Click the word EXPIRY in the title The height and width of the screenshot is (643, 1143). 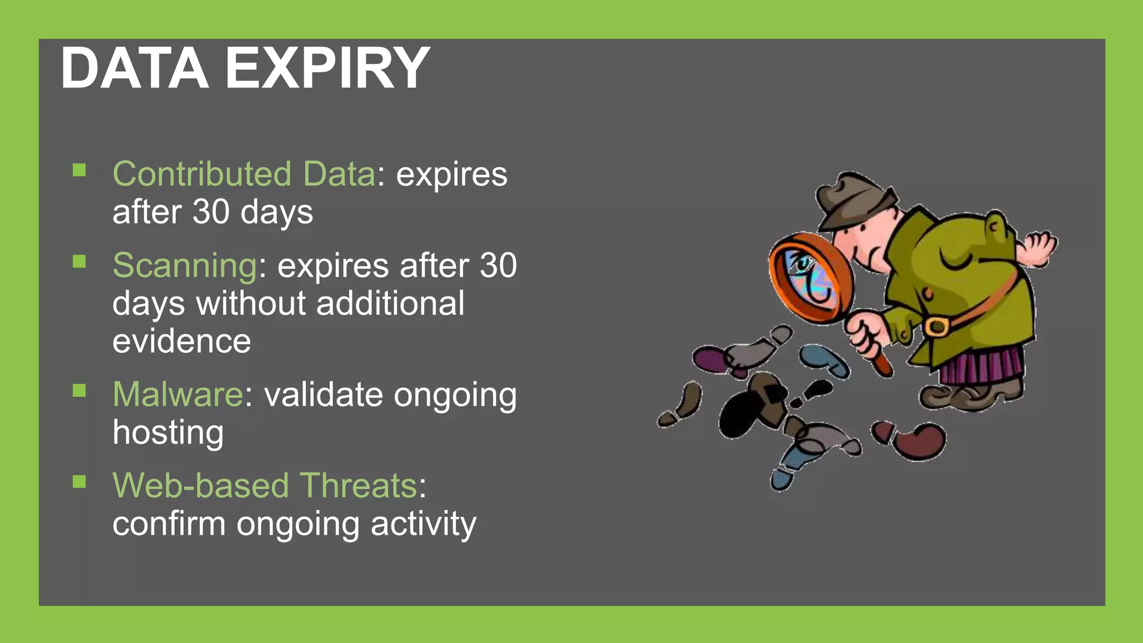(x=327, y=69)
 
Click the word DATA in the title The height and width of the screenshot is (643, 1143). (x=135, y=69)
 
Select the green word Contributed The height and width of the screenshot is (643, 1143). (x=202, y=174)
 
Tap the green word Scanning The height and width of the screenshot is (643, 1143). (x=185, y=265)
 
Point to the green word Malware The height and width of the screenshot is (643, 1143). (x=177, y=394)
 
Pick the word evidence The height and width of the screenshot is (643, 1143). (x=181, y=341)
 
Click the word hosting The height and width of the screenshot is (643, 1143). (x=168, y=433)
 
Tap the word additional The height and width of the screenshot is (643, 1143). (x=390, y=303)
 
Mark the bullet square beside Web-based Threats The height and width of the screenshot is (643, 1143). (x=79, y=481)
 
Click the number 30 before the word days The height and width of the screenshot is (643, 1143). (x=211, y=212)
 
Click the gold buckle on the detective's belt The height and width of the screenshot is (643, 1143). (x=936, y=327)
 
